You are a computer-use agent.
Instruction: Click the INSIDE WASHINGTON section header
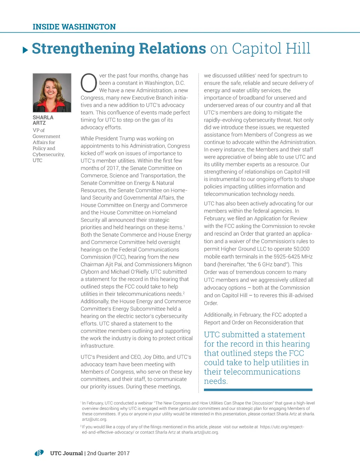tap(74, 27)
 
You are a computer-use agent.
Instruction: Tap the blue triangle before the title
tap(25, 50)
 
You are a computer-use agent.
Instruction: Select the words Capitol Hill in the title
tap(271, 49)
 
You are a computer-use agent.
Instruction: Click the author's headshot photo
tap(52, 93)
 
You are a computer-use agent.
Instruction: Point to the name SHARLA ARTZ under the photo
tap(43, 120)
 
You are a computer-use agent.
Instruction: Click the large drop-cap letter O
tap(89, 83)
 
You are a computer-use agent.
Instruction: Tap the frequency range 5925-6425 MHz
tap(290, 257)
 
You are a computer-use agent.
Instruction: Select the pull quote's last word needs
tap(216, 381)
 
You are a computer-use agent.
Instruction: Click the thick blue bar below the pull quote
tap(258, 389)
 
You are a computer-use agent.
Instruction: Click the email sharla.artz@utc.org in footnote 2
tap(200, 432)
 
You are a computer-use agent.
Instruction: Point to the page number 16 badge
tap(39, 453)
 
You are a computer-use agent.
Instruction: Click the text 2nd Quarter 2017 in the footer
tap(108, 453)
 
